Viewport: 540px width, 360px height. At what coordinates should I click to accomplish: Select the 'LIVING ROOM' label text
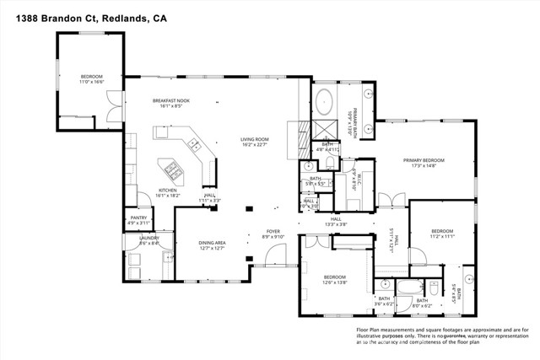(x=253, y=140)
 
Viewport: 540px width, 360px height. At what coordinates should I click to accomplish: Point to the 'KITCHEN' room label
(x=171, y=190)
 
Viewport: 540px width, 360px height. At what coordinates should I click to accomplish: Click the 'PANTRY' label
(x=138, y=218)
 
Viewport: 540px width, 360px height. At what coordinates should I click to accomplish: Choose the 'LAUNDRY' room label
(x=138, y=238)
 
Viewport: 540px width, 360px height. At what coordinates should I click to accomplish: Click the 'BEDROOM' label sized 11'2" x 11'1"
(x=443, y=231)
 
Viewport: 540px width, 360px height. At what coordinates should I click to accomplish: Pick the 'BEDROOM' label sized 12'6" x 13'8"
(x=335, y=277)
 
